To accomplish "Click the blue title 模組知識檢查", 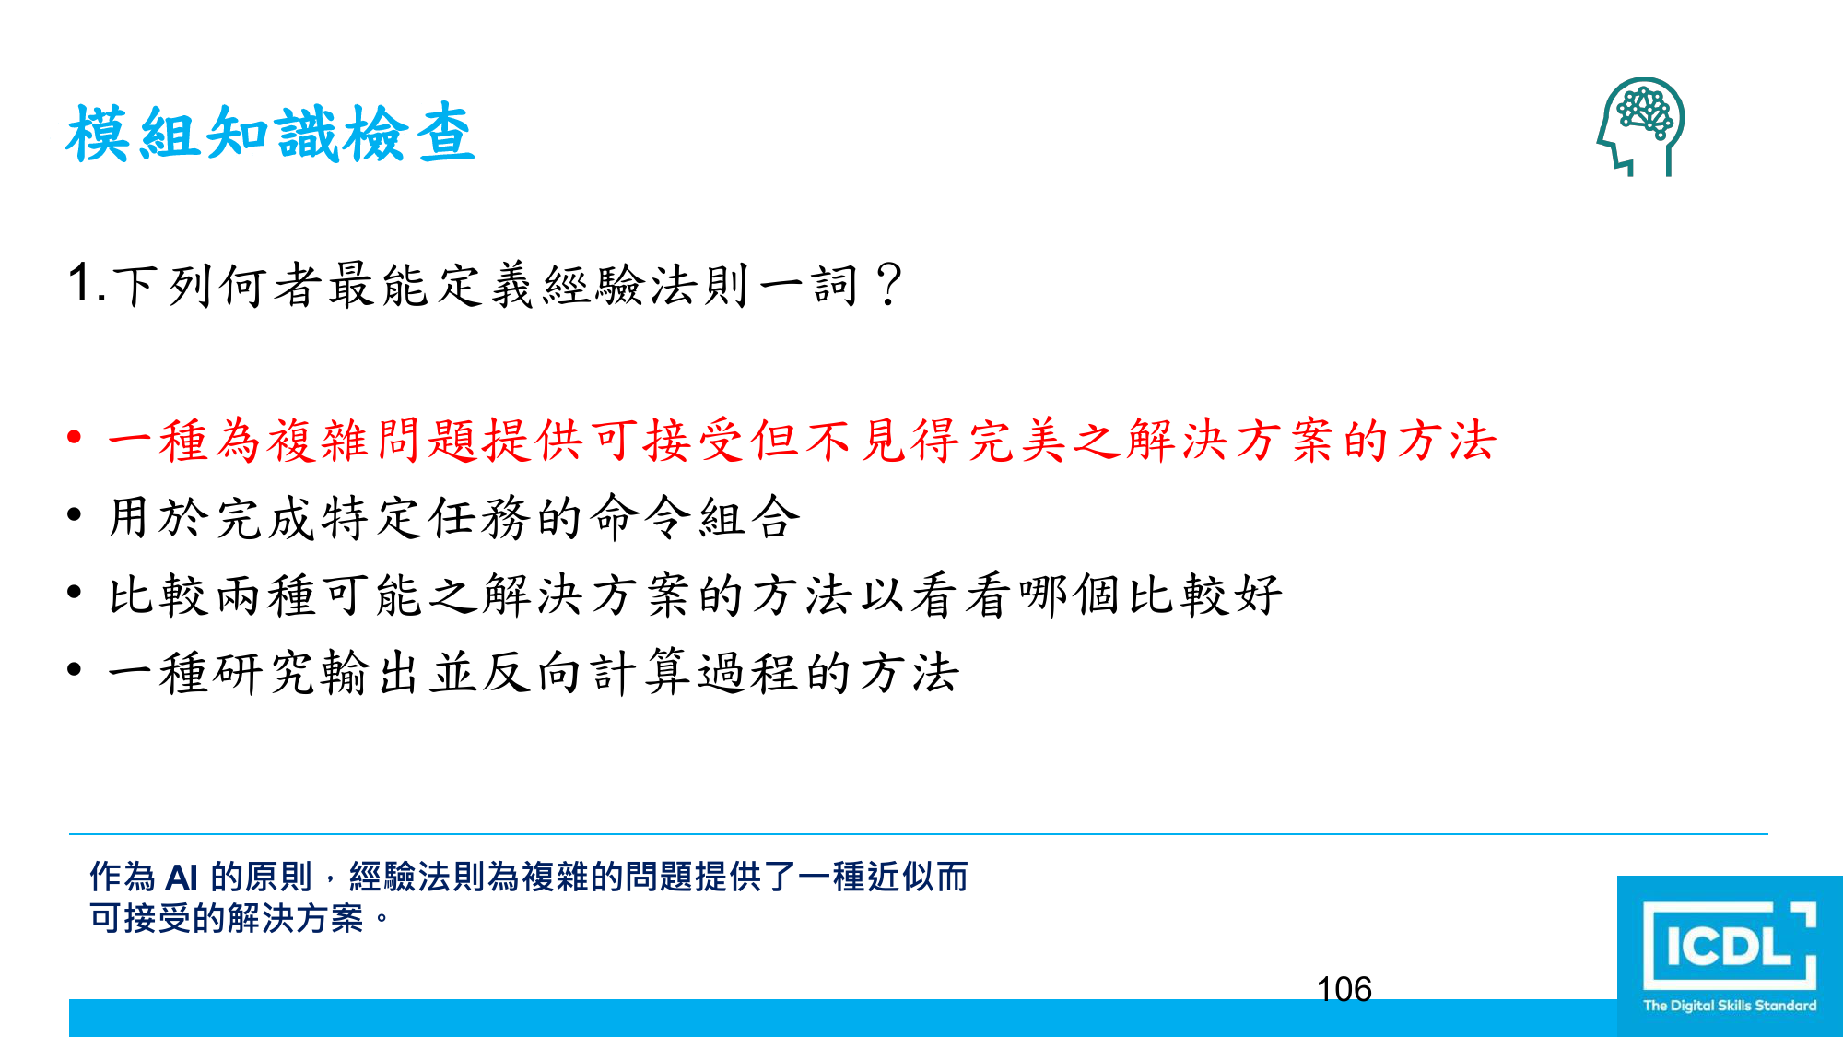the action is point(270,134).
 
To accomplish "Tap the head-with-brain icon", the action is point(1640,126).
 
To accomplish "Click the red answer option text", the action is point(802,440).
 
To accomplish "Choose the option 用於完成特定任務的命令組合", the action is point(454,517).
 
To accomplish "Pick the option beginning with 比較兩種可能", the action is point(695,595).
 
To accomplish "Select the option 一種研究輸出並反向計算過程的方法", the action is point(534,672).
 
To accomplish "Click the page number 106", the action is point(1344,989).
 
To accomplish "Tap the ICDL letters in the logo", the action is point(1729,947).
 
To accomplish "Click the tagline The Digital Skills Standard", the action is point(1730,1006).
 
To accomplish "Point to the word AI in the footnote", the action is point(182,877).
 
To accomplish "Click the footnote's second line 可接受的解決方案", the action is point(227,918).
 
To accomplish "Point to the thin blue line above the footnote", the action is point(919,834).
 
